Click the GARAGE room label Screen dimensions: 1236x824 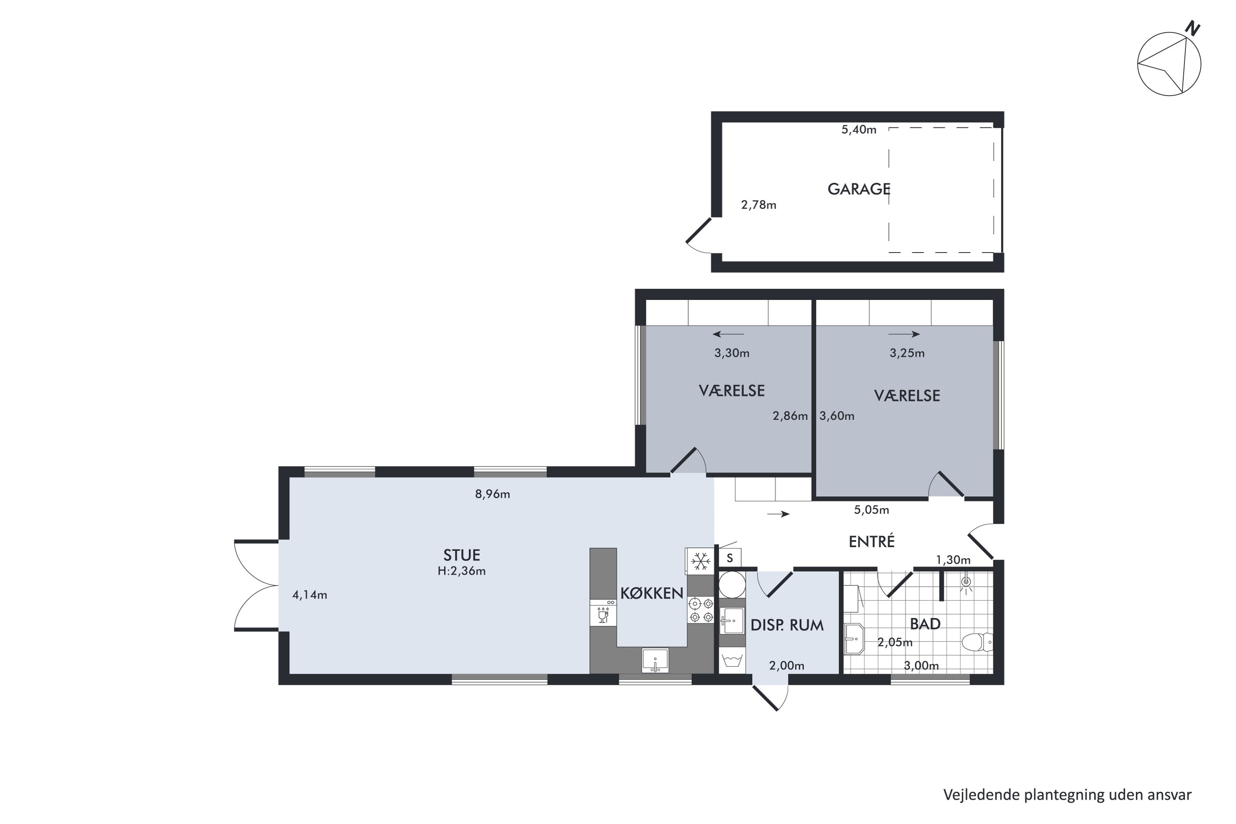coord(859,189)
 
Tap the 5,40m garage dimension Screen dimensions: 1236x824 coord(859,130)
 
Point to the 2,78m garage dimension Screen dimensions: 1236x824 coord(758,205)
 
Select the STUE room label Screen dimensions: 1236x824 coord(461,555)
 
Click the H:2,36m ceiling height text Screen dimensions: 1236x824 coord(461,571)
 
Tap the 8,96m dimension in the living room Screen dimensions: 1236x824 coord(492,494)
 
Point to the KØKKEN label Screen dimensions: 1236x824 coord(652,593)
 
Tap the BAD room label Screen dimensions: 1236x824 coord(925,624)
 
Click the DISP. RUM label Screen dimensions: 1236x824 coord(787,625)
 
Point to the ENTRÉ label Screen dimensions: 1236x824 coord(871,541)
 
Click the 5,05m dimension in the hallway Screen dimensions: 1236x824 coord(871,510)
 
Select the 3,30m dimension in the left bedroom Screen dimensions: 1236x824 coord(732,353)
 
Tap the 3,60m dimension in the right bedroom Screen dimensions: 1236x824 coord(837,416)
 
